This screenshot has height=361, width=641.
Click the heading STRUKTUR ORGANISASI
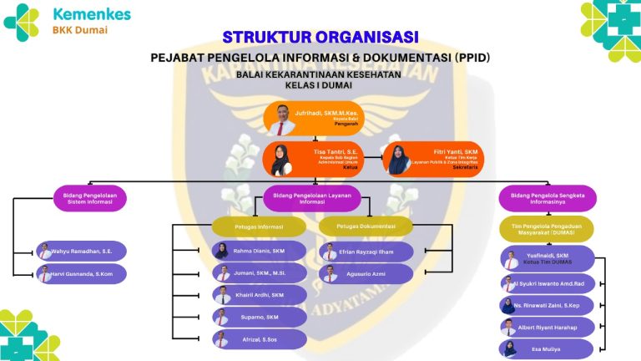[320, 38]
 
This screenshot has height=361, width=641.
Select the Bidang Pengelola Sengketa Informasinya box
[547, 198]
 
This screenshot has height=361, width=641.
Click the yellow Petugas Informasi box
[259, 226]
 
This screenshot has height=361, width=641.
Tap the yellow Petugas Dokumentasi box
[366, 226]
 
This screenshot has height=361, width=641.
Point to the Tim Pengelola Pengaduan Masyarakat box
[547, 229]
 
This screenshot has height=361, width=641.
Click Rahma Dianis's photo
[222, 251]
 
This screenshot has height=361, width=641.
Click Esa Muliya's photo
[509, 349]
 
